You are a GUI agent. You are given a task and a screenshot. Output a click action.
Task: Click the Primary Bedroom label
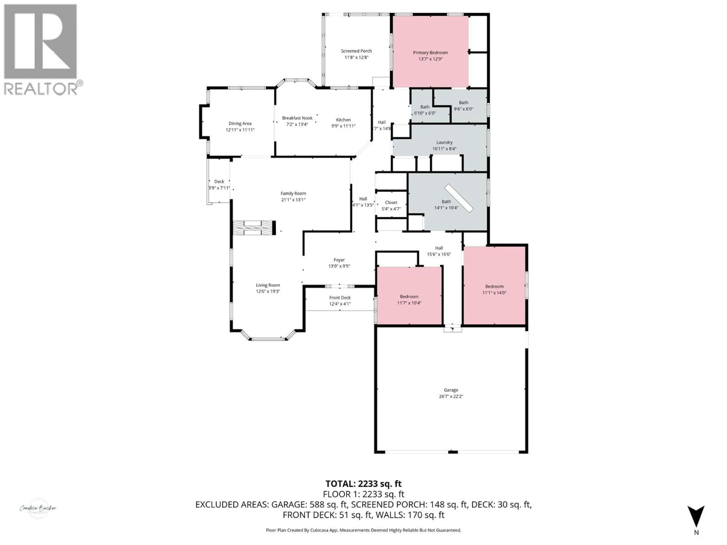[430, 53]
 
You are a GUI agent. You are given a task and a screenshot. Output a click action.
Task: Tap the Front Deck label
[340, 298]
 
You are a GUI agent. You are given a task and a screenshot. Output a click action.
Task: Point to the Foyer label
[339, 260]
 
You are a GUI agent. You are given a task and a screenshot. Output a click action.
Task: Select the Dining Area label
[240, 124]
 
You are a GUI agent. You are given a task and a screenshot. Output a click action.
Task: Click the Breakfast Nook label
[297, 118]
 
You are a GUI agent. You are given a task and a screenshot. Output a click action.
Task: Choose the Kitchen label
[343, 120]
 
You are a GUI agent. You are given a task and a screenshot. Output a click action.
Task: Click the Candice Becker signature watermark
[38, 508]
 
